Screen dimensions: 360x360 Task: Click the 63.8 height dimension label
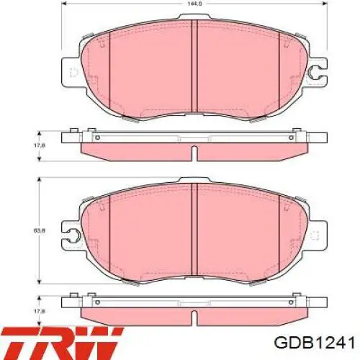coord(40,230)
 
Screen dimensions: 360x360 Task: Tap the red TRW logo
coord(62,343)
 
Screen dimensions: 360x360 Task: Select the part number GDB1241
coord(315,343)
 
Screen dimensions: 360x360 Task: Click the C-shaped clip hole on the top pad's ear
coord(315,72)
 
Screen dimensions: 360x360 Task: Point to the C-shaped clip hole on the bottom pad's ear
coord(73,235)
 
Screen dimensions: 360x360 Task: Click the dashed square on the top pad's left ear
coord(73,73)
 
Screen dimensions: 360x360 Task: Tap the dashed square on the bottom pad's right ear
coord(315,235)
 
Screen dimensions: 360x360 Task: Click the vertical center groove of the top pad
coord(194,66)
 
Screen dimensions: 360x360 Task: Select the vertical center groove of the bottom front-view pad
coord(194,229)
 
